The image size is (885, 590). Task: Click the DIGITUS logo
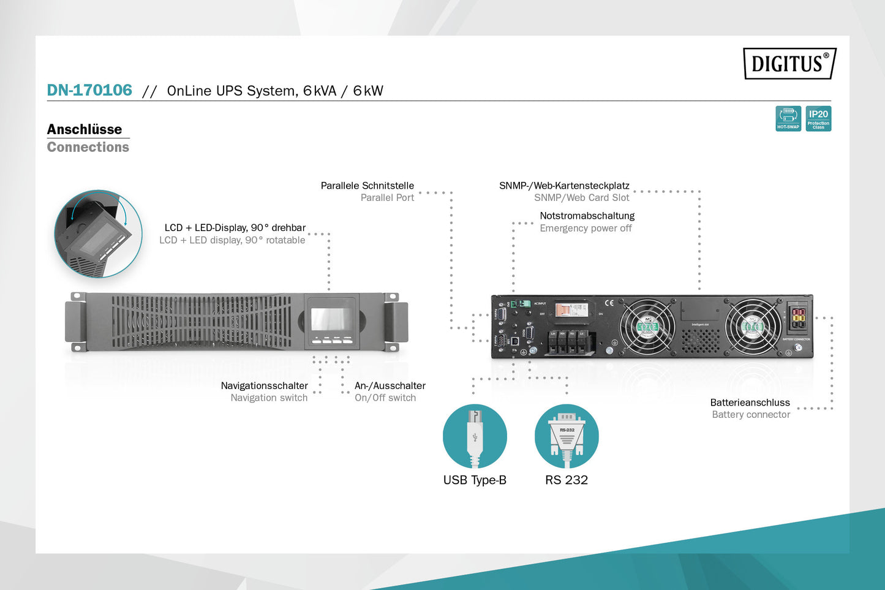[789, 63]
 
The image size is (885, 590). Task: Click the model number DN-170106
[89, 90]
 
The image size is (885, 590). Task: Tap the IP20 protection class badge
[818, 118]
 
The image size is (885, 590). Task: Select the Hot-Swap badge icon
[788, 118]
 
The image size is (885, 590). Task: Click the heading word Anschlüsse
[85, 129]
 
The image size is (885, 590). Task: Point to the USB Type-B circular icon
[475, 436]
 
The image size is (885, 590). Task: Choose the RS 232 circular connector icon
[567, 436]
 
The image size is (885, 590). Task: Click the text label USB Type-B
[475, 480]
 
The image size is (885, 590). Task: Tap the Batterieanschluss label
[750, 403]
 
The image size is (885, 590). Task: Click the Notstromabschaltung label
[587, 216]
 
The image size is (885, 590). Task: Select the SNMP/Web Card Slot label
[581, 197]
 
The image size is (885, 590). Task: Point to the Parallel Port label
[387, 197]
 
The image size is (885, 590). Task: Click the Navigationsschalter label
[264, 385]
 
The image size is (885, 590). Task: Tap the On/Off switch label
[385, 398]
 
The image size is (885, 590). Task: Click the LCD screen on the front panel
[331, 319]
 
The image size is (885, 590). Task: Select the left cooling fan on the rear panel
[647, 327]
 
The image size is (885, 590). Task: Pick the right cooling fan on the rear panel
[753, 327]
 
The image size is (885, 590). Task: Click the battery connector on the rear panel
[798, 319]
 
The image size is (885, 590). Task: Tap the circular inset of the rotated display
[98, 233]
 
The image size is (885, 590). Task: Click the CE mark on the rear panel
[609, 303]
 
